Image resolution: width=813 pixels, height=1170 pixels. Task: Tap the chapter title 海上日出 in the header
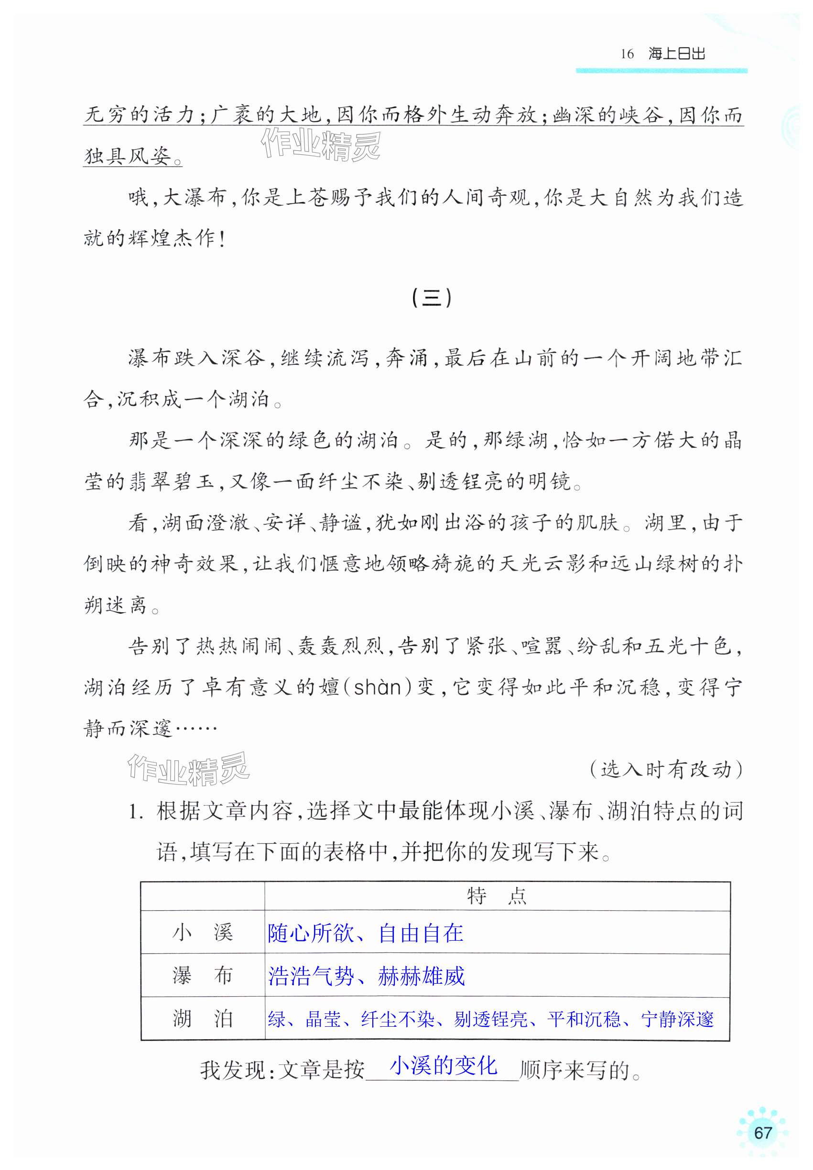[676, 53]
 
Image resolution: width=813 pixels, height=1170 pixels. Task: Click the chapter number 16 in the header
[627, 54]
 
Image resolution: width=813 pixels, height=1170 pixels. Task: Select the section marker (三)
[431, 298]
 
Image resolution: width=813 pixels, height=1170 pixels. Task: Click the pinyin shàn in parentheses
[377, 688]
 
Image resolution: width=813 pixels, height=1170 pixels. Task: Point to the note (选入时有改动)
[666, 769]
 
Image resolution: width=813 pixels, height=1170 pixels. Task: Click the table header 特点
[497, 896]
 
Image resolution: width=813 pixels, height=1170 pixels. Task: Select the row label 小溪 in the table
[202, 932]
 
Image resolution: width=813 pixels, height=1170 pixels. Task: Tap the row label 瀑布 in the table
[202, 975]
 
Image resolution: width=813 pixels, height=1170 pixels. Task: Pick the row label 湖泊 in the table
[202, 1018]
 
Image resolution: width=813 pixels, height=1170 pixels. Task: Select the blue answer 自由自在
[421, 933]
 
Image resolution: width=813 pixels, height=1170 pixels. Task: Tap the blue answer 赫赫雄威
[421, 976]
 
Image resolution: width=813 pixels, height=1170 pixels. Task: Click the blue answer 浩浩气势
[311, 976]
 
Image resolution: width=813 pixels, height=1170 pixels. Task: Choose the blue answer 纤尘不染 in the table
[397, 1019]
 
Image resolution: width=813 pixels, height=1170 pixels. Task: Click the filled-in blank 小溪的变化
[443, 1065]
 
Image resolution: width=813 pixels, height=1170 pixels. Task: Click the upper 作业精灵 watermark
[320, 145]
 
